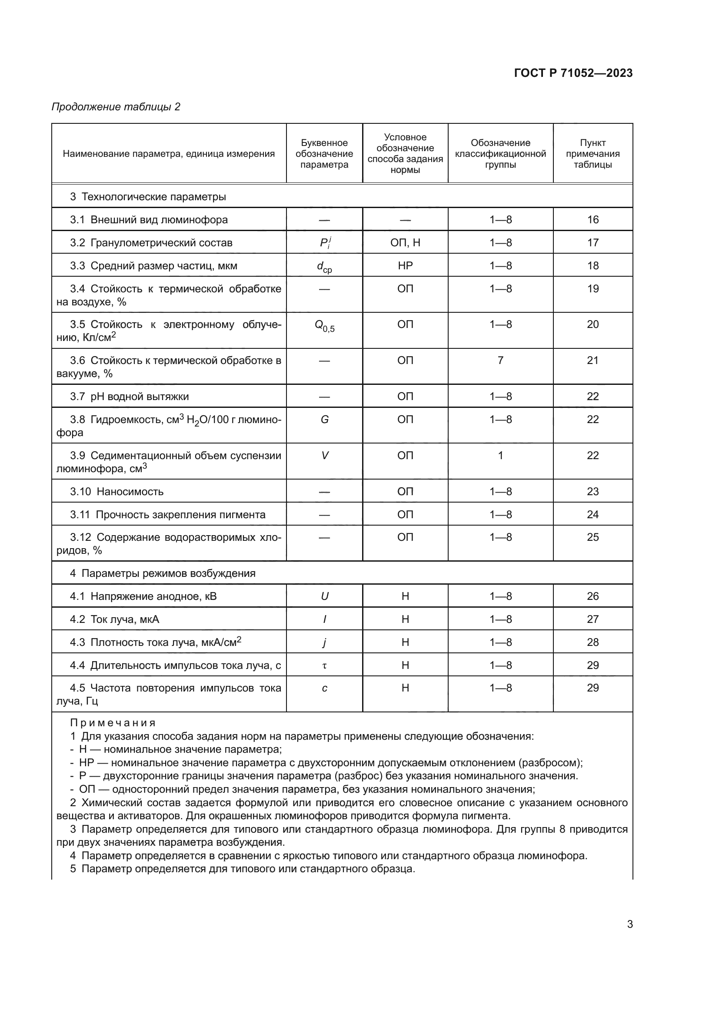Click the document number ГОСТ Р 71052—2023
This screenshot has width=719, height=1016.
pos(573,73)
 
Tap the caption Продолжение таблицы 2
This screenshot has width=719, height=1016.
pos(116,107)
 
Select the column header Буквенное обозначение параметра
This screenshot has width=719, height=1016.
pos(324,153)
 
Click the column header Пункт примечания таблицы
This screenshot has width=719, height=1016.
pos(593,153)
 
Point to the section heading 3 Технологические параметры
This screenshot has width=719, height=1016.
pos(148,196)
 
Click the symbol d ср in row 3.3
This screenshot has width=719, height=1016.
pos(324,266)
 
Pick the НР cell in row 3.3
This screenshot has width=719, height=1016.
pos(405,265)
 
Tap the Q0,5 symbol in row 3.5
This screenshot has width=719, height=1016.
pos(325,326)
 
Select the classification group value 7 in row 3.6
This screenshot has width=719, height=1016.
pos(500,360)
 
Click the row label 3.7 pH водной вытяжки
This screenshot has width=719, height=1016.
pos(129,396)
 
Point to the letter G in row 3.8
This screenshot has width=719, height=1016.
pos(325,419)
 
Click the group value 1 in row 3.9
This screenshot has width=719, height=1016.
pos(500,455)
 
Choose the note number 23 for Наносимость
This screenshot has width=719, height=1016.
pos(593,491)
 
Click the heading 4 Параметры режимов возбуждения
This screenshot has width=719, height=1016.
pos(163,573)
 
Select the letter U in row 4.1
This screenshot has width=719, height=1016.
pos(325,596)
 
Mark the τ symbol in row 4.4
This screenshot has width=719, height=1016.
pos(325,665)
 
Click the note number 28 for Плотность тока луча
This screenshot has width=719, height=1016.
pos(593,642)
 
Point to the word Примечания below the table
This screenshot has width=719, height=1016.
pos(113,723)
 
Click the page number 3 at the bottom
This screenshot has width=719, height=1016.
pos(629,924)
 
